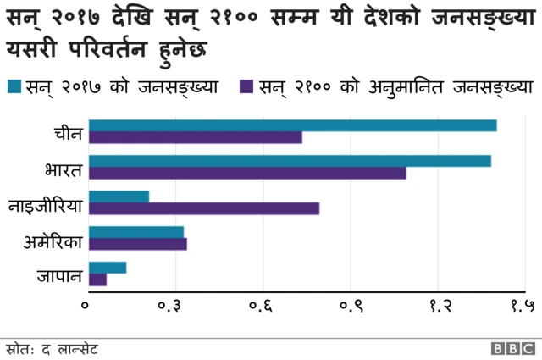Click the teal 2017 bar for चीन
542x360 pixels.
pos(292,126)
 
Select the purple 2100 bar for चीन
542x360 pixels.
pos(195,138)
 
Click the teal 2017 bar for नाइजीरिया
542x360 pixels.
pos(119,197)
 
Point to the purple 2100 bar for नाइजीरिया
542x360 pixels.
pos(203,208)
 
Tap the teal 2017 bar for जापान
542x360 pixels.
pos(107,268)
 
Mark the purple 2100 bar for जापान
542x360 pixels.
pos(97,280)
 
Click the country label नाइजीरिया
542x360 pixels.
pos(46,203)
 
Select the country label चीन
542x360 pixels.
pos(66,132)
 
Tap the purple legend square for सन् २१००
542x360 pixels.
pos(247,86)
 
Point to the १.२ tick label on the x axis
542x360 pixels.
pos(438,309)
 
